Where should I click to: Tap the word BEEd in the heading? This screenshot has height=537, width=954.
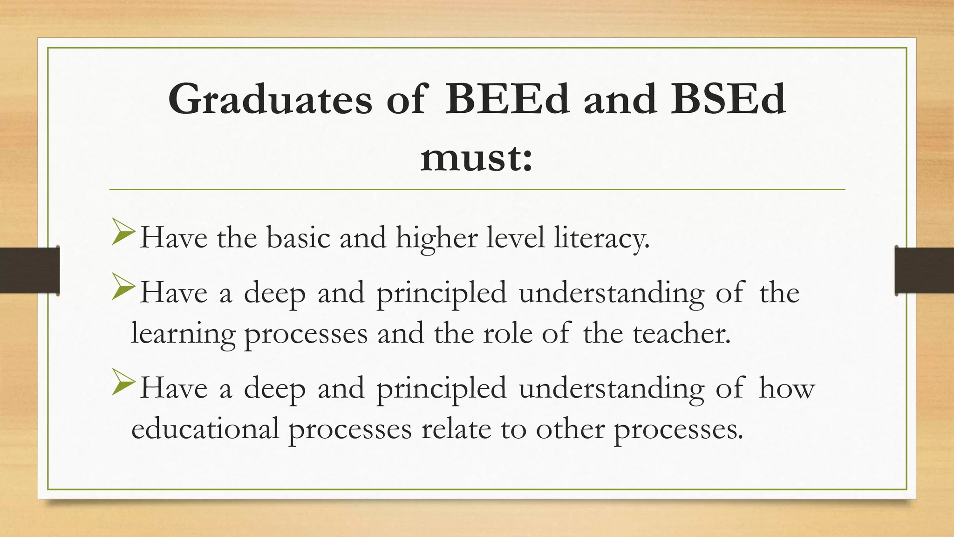(x=507, y=99)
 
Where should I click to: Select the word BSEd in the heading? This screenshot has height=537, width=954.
(x=728, y=99)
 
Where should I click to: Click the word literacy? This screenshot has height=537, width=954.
(x=601, y=238)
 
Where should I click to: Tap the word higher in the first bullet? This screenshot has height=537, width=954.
(x=436, y=238)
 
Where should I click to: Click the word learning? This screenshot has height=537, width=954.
(x=183, y=334)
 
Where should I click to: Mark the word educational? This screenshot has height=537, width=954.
(x=205, y=428)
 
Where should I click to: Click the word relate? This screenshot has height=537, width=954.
(x=456, y=428)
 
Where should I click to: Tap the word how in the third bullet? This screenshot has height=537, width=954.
(x=787, y=388)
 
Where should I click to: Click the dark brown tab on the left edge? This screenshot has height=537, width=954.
(x=29, y=270)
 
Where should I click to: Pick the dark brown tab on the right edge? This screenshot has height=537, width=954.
(x=924, y=270)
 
